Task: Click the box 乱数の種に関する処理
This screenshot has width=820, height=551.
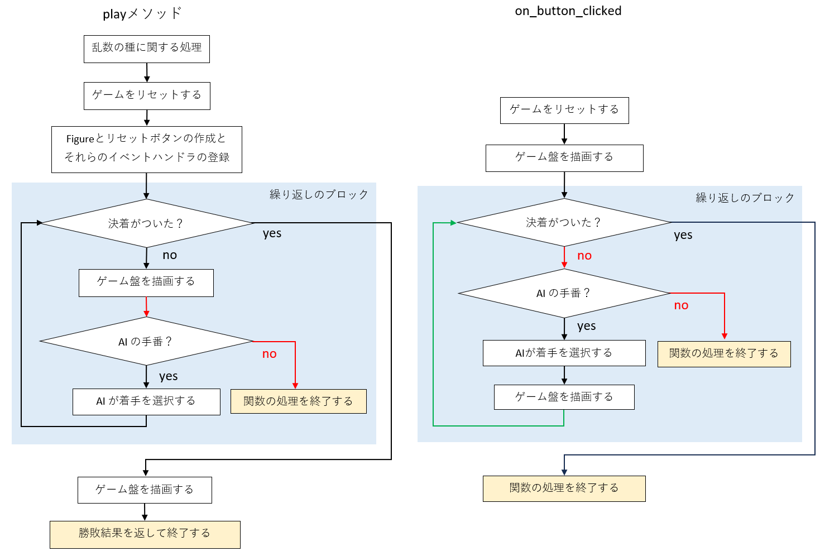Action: [147, 49]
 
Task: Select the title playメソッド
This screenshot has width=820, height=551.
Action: [142, 14]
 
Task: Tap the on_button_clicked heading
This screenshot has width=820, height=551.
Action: [568, 11]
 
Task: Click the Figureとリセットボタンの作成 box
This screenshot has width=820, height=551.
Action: [147, 150]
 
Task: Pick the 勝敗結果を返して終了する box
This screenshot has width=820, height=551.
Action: [145, 534]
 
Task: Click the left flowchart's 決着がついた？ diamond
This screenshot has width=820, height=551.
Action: [146, 223]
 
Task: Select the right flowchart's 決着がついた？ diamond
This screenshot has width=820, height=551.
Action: [564, 222]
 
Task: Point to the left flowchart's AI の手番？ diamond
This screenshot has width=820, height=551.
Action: [146, 341]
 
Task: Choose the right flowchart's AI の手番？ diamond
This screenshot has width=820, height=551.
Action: [564, 293]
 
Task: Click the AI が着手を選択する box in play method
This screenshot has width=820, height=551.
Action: [146, 401]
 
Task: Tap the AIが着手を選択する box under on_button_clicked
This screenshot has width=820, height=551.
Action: [564, 353]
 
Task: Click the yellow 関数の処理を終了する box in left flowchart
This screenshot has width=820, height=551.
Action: [298, 401]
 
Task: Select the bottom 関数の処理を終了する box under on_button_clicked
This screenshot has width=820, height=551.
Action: [564, 488]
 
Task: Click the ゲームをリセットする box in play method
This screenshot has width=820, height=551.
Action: [147, 96]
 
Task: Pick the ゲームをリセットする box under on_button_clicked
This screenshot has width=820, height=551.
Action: [564, 110]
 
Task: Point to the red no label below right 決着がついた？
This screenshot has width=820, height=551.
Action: [584, 256]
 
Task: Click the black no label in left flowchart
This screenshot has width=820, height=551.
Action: [170, 255]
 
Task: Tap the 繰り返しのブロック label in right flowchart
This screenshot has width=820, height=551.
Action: [745, 198]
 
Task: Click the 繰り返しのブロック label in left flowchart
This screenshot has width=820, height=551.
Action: [319, 194]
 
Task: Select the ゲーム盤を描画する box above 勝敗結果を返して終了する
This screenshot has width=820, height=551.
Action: [145, 490]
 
